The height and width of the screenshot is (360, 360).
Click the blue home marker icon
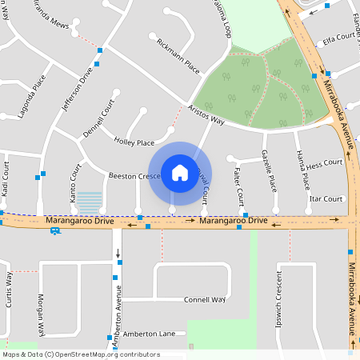pos(180,173)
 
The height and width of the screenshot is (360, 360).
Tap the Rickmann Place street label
pos(178,55)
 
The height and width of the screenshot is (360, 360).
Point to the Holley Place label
pos(134,142)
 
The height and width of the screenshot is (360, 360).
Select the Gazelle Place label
pos(270,173)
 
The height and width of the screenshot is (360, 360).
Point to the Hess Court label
pos(324,162)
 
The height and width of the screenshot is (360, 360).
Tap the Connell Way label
pos(205,299)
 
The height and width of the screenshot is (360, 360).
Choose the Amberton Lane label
pos(148,334)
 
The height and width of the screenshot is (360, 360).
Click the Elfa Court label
pos(339,37)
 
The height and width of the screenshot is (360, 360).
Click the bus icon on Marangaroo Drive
pos(54,230)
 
